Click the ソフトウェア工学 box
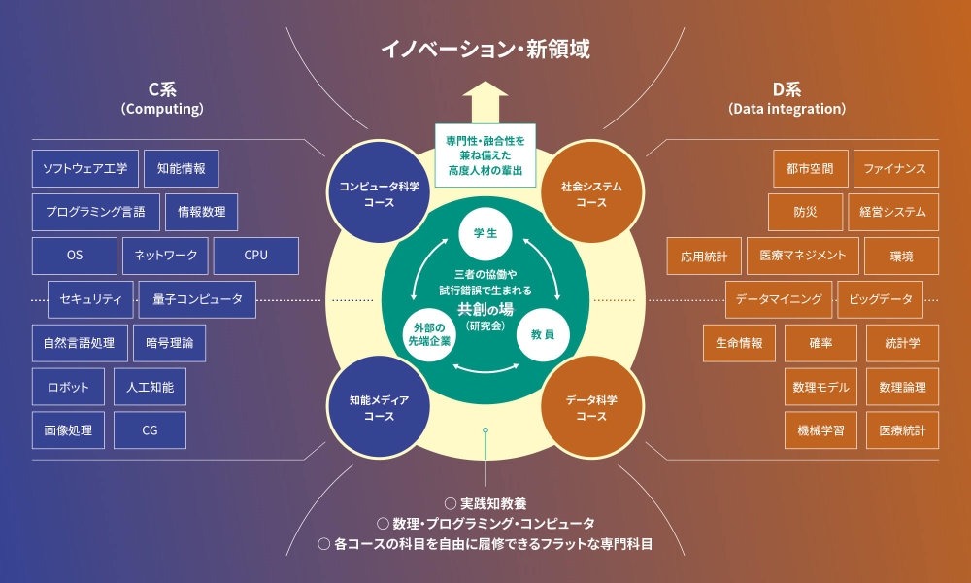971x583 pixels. pos(85,168)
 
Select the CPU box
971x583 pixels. pos(256,256)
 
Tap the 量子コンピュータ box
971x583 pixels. pos(197,299)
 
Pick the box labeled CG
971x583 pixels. pos(150,430)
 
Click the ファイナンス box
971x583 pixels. pos(895,168)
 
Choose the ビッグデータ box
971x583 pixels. pos(880,299)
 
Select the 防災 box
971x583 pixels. pos(805,212)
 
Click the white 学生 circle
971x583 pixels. pos(485,233)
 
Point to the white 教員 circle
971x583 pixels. pos(543,334)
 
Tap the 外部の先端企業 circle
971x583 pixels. pos(428,334)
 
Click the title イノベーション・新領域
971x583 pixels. pos(485,48)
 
